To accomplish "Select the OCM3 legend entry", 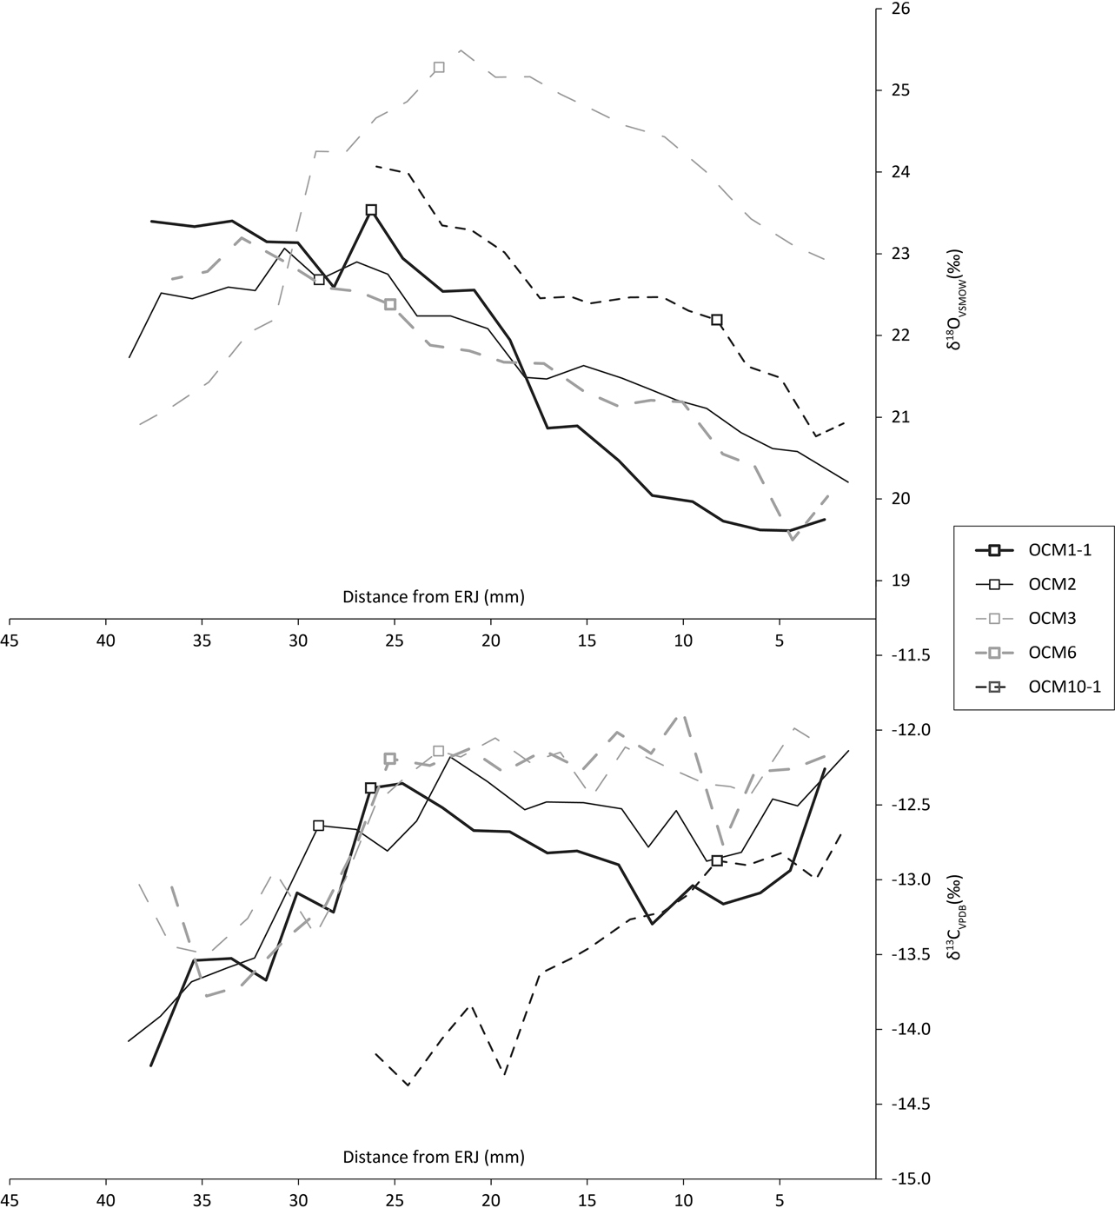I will tap(1032, 618).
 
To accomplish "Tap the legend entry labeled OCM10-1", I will tap(1032, 687).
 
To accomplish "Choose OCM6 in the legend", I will tap(1032, 653).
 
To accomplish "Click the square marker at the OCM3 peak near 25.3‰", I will tap(439, 68).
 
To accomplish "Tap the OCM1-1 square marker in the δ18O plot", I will tap(371, 209).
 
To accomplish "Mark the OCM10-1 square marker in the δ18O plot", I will tap(717, 320).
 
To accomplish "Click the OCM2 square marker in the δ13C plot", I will tap(319, 826).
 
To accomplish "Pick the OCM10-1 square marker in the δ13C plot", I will tap(717, 860).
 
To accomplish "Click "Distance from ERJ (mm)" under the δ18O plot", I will tap(434, 596).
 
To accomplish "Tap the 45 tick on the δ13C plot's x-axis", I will tap(10, 1198).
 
